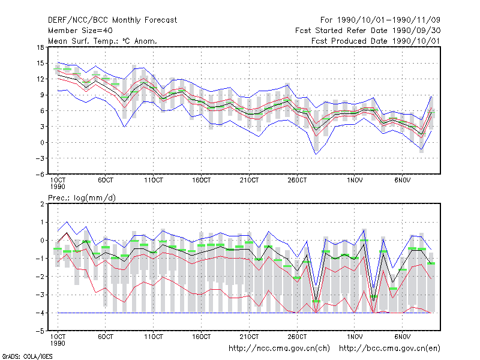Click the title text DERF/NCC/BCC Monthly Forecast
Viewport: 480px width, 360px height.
[x=112, y=20]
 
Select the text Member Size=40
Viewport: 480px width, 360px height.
[x=80, y=31]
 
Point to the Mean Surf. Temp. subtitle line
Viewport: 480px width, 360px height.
[x=102, y=41]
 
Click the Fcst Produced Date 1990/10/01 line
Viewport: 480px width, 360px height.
[x=376, y=41]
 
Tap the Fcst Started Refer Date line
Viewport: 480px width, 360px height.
[x=368, y=31]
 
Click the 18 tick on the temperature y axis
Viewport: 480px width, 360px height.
[x=40, y=47]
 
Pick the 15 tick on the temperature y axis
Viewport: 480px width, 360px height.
[x=40, y=63]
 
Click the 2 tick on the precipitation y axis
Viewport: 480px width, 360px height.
[x=42, y=204]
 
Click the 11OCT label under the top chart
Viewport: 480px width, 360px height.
[x=154, y=181]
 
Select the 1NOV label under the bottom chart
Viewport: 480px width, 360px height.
[x=355, y=337]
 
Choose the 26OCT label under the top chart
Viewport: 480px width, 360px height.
[x=297, y=181]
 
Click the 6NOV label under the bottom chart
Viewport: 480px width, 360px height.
[x=402, y=337]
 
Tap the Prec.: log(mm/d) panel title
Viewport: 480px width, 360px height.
[x=82, y=198]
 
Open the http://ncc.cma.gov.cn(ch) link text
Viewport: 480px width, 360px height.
[x=279, y=349]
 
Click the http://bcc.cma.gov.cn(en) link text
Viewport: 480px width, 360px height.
[x=389, y=349]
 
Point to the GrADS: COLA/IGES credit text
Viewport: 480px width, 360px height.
[x=27, y=356]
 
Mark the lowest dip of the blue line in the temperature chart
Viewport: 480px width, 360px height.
[x=316, y=154]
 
